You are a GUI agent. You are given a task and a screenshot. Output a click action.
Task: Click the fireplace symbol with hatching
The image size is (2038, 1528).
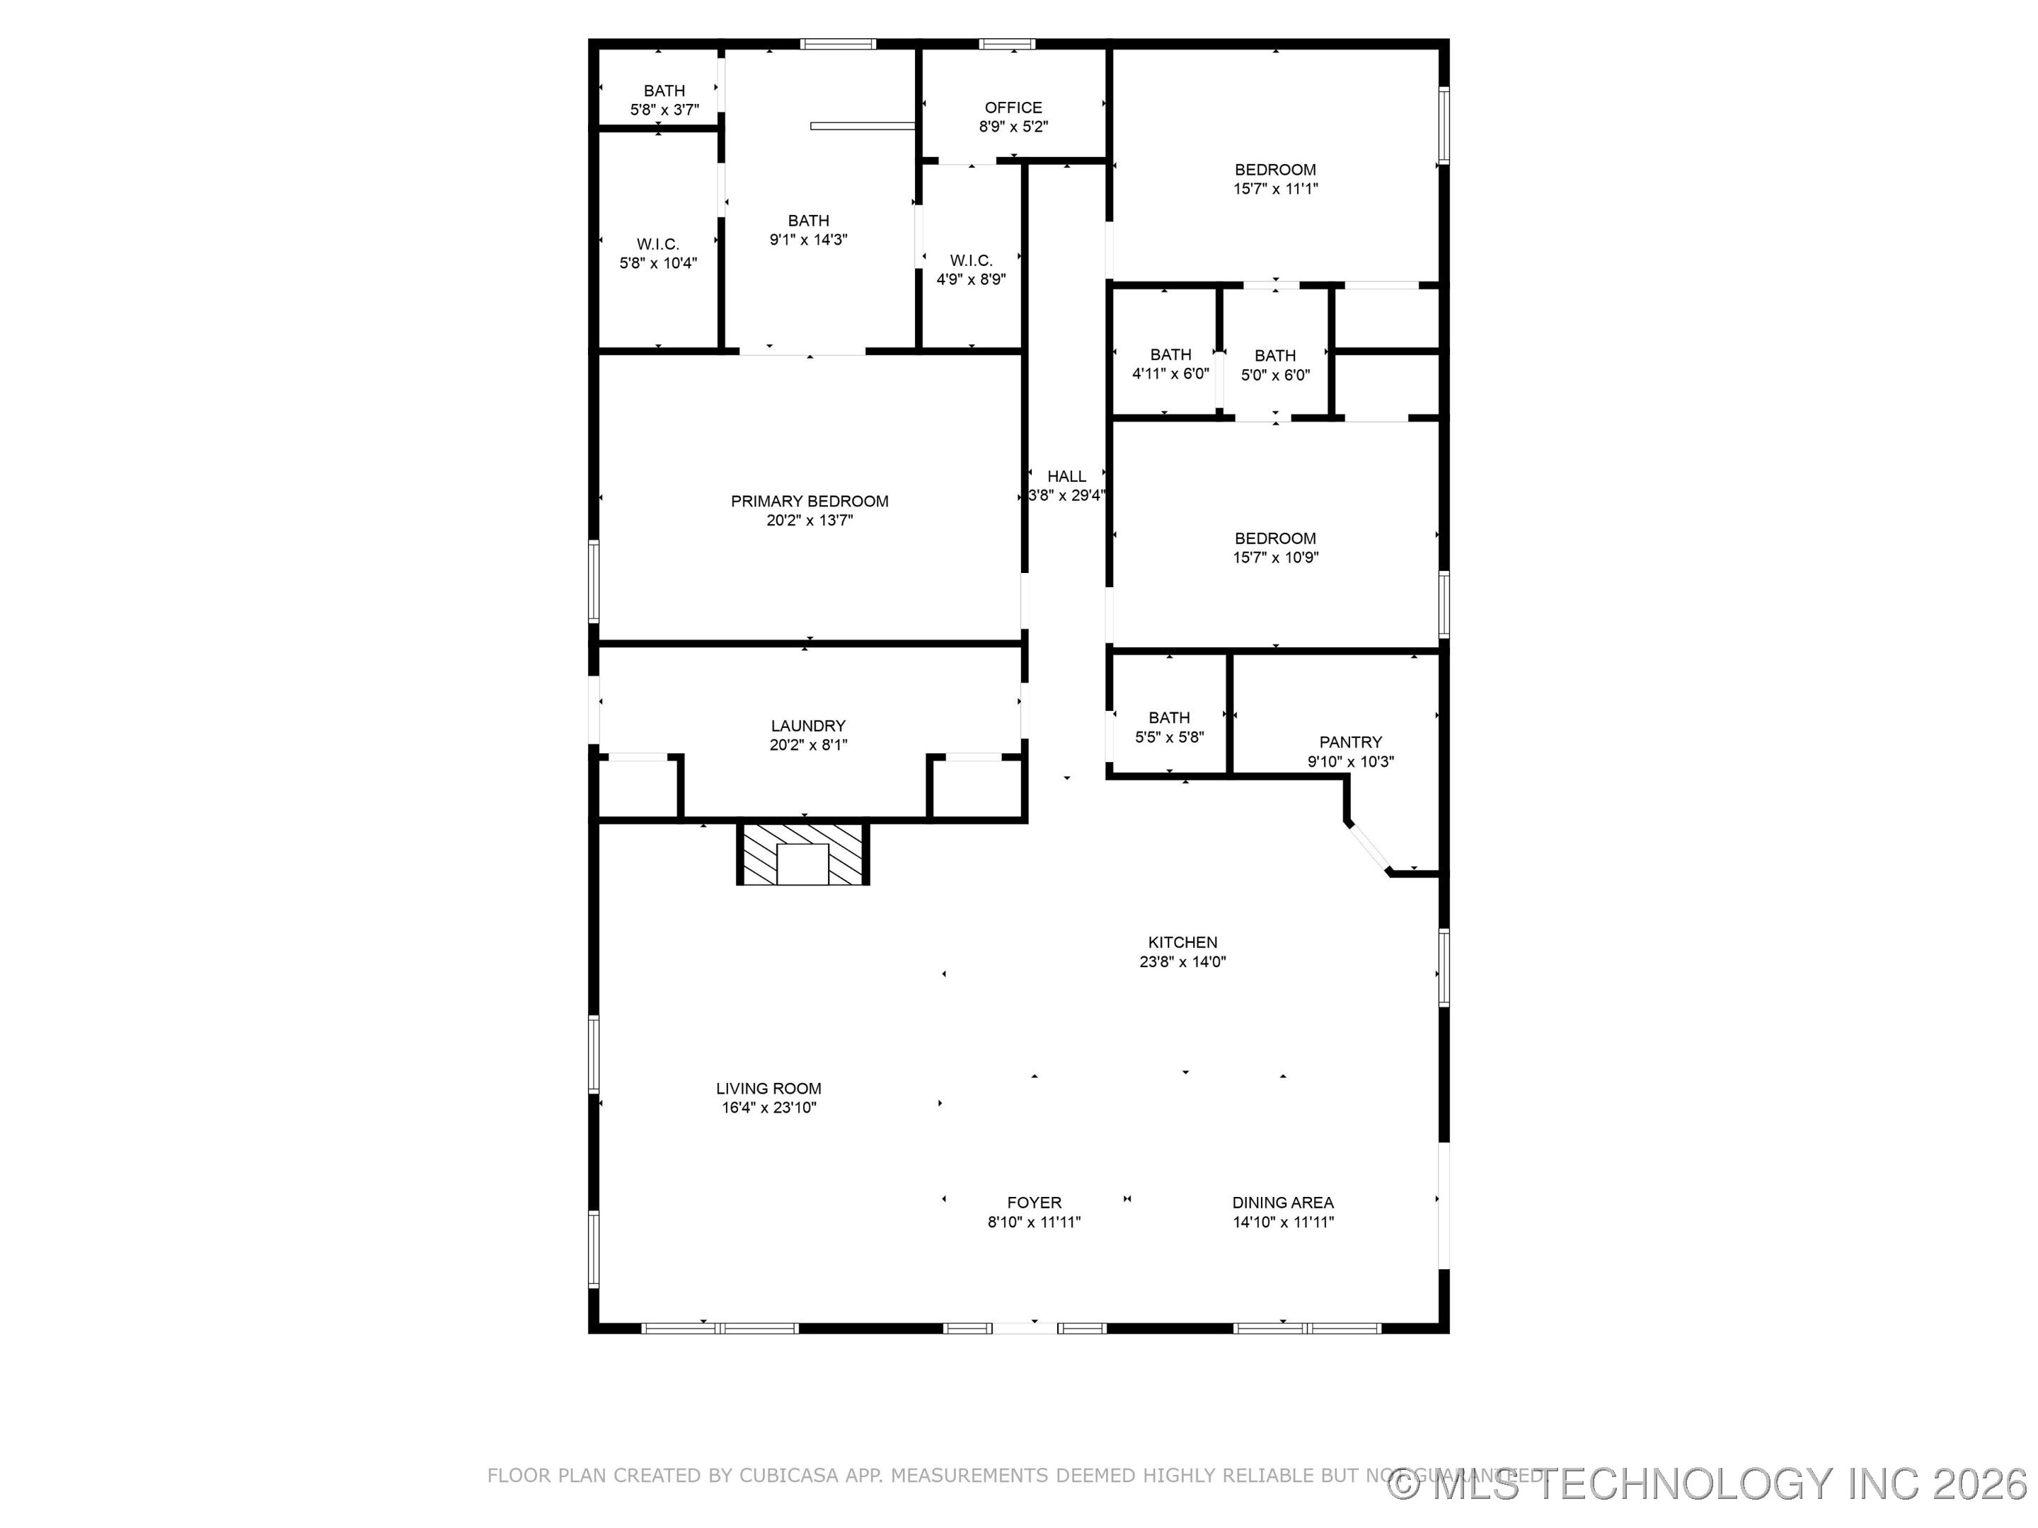point(802,854)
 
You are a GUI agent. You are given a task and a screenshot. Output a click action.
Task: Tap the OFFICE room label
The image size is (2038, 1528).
point(1013,108)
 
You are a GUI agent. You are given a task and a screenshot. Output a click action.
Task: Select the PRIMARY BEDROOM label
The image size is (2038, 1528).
point(809,501)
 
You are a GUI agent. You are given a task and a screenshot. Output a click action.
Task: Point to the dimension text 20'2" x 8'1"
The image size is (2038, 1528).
point(808,745)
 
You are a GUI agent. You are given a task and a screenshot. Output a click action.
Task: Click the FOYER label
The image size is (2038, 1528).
point(1034,1203)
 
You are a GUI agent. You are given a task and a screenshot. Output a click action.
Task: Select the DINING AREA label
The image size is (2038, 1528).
point(1282,1203)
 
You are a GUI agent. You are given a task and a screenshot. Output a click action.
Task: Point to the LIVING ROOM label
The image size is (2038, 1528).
point(768,1089)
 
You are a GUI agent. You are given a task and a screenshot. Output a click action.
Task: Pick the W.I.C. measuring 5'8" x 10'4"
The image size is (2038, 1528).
point(658,253)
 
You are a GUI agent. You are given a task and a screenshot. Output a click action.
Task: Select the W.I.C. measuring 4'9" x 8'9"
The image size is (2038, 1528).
point(970,270)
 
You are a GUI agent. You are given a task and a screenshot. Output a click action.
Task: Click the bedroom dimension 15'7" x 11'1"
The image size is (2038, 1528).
point(1275,189)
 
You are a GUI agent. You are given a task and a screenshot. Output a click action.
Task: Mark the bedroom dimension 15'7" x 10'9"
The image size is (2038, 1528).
point(1275,557)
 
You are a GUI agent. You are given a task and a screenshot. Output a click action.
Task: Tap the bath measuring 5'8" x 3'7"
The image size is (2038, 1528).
point(664,100)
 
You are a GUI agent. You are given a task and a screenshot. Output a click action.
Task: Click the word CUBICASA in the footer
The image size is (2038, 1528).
point(789,1476)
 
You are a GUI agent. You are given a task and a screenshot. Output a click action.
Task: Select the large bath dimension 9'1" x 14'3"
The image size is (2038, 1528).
point(808,240)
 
